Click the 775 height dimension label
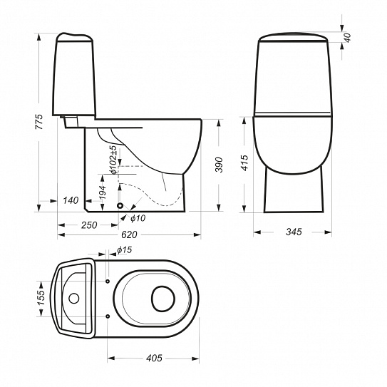coord(39,122)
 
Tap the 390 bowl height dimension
coord(219,165)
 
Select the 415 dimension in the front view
coord(244,162)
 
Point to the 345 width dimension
coord(294,232)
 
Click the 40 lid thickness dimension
coord(347,38)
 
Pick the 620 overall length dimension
coord(129,234)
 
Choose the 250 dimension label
coord(89,225)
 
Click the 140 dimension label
coord(71,200)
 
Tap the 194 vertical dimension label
coord(102,192)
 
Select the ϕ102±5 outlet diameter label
coord(113,160)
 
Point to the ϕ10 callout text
coord(138,218)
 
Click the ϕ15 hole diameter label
coord(125,250)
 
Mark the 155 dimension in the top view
coord(41,297)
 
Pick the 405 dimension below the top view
coord(154,358)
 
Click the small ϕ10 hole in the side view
coord(120,205)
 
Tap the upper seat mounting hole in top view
coord(108,281)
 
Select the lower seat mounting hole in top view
coord(108,316)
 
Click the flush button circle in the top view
coord(74,299)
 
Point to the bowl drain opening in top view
coord(163,299)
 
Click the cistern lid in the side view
coord(75,37)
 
